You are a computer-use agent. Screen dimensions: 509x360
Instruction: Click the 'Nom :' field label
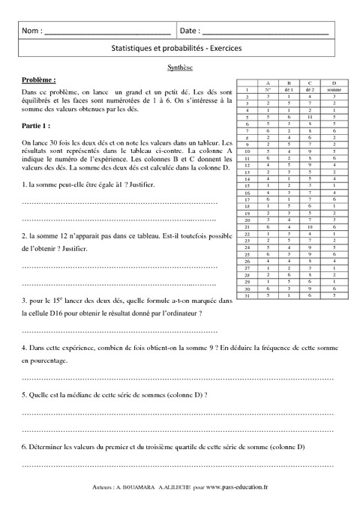[32, 31]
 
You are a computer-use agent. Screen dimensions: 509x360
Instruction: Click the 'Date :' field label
[189, 31]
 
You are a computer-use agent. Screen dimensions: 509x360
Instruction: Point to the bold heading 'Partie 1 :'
[37, 126]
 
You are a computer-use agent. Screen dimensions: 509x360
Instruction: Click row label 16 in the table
[247, 192]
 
